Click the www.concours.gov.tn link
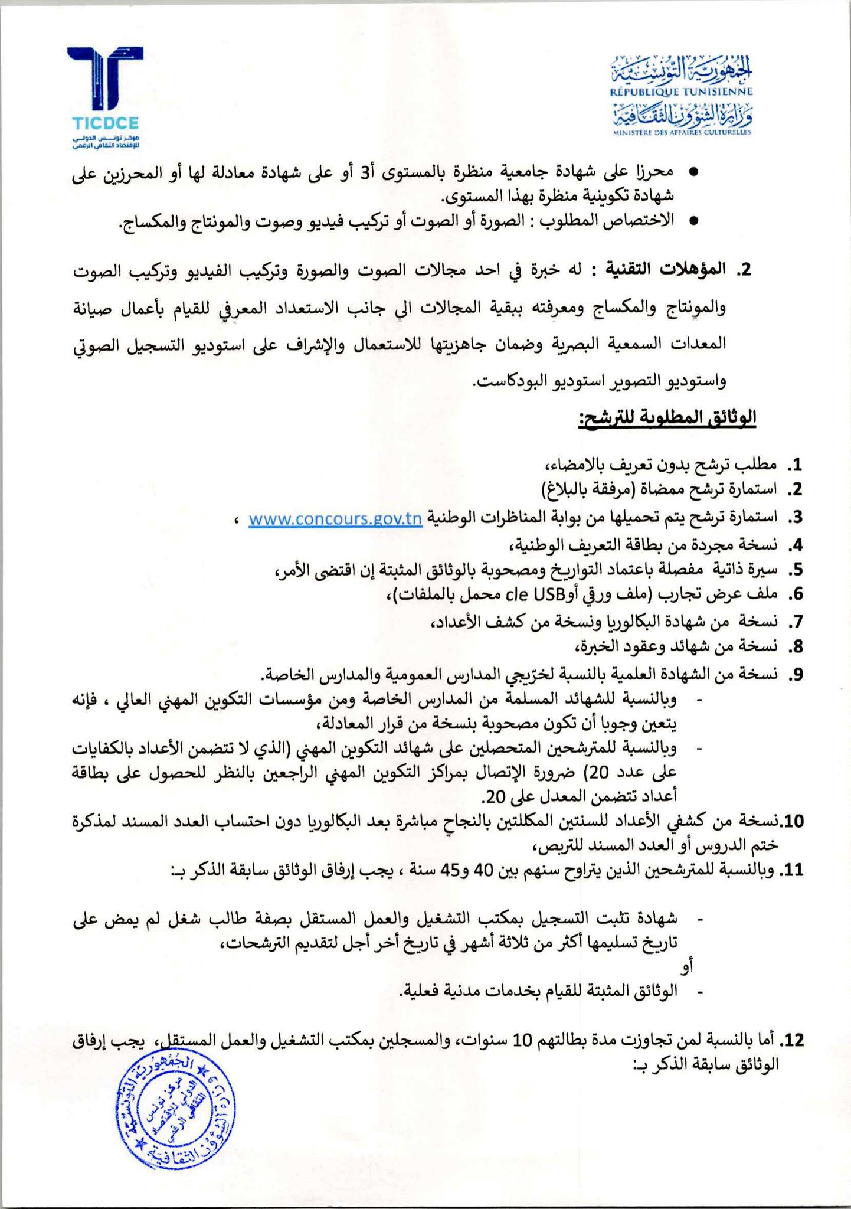[335, 519]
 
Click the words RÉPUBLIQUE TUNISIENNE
[681, 92]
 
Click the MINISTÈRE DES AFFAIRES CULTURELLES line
[681, 133]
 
